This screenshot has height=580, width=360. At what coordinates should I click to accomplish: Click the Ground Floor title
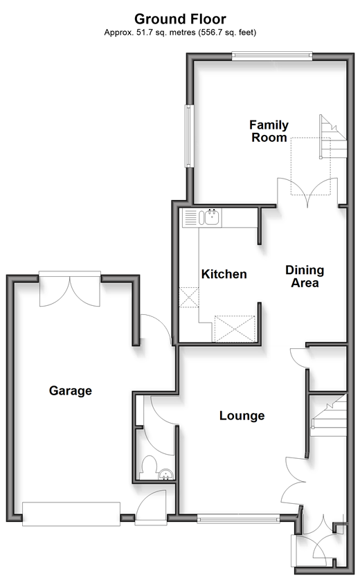tap(180, 19)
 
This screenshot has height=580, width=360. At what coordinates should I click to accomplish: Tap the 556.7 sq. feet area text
tap(227, 33)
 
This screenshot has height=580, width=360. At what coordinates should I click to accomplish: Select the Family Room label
tap(269, 132)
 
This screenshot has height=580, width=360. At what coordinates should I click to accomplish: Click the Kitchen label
tap(224, 274)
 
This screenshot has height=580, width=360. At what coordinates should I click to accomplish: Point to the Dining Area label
tap(305, 276)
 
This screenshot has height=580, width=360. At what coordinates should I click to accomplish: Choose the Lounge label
tap(242, 416)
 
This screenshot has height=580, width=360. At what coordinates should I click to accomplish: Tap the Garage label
tap(71, 390)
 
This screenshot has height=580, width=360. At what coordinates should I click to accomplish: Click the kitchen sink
tap(210, 217)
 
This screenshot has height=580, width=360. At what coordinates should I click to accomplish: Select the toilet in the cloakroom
tap(150, 466)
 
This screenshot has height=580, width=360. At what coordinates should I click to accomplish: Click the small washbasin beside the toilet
tap(165, 475)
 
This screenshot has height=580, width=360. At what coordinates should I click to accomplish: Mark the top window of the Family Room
tap(272, 55)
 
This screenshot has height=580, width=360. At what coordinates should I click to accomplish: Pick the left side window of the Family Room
tap(190, 136)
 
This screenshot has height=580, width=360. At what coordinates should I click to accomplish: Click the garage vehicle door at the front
tap(71, 514)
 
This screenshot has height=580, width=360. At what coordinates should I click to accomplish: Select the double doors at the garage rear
tap(69, 289)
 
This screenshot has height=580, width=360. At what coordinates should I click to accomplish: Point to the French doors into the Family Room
tap(307, 192)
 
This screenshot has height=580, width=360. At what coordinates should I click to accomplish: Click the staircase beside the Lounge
tap(328, 416)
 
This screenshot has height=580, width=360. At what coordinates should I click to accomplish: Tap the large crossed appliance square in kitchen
tap(235, 329)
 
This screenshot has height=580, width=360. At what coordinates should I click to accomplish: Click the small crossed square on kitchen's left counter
tap(189, 298)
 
